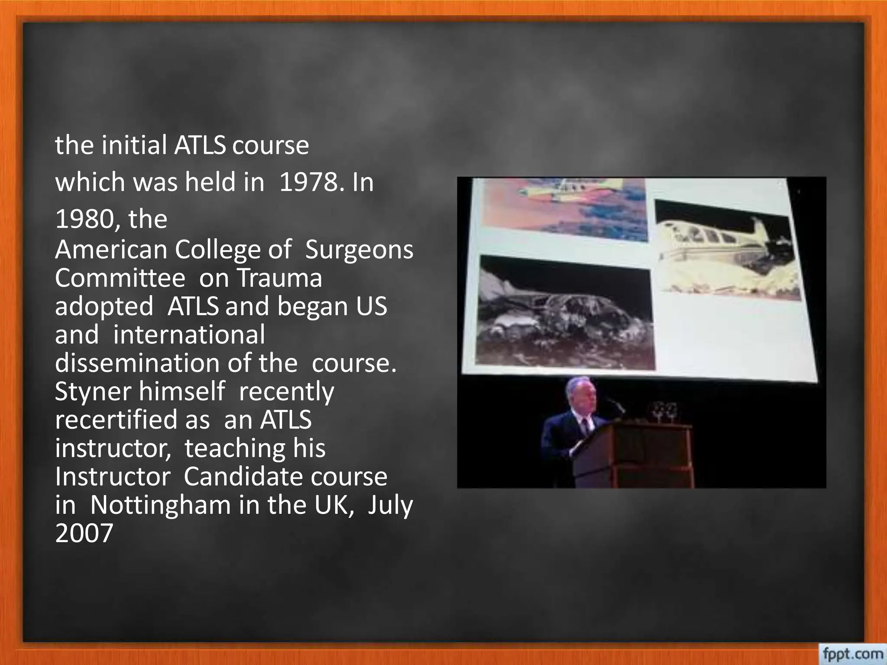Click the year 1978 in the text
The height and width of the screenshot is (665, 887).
click(x=308, y=182)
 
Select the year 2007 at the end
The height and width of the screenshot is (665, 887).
click(x=84, y=533)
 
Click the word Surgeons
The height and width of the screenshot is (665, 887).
click(x=359, y=250)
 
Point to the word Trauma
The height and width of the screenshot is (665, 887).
click(x=279, y=278)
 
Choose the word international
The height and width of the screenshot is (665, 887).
click(x=189, y=335)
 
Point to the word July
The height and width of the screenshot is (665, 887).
click(x=390, y=505)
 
